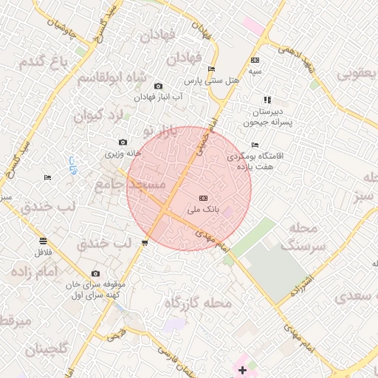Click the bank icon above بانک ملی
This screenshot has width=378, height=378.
point(204,198)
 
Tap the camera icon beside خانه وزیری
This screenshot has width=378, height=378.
point(123,142)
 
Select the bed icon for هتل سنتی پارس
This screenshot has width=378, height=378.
point(212,69)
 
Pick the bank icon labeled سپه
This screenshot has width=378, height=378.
point(255,61)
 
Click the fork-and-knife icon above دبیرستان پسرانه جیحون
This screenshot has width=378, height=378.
point(267,100)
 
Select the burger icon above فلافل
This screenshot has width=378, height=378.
point(43,241)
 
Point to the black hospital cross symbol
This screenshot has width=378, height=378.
point(242,369)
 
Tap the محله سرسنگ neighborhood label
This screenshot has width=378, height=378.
point(292,236)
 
